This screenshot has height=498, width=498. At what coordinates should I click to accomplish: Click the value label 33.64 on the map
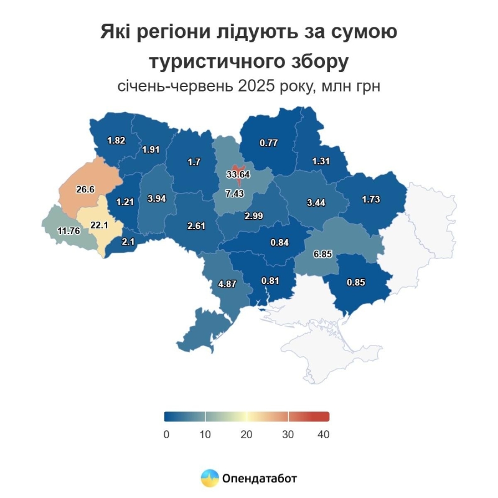(238, 174)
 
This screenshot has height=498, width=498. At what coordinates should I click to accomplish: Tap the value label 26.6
(85, 189)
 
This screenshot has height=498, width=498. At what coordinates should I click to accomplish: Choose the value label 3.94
(157, 199)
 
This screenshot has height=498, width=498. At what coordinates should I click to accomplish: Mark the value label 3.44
(317, 203)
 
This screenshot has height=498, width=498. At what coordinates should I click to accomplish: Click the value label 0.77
(268, 143)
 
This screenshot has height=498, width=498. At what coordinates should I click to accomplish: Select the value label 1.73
(371, 199)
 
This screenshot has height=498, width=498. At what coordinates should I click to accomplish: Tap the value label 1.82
(116, 140)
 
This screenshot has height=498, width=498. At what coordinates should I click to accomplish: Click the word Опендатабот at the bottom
(258, 478)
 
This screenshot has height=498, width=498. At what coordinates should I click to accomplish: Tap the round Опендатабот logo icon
(210, 478)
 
